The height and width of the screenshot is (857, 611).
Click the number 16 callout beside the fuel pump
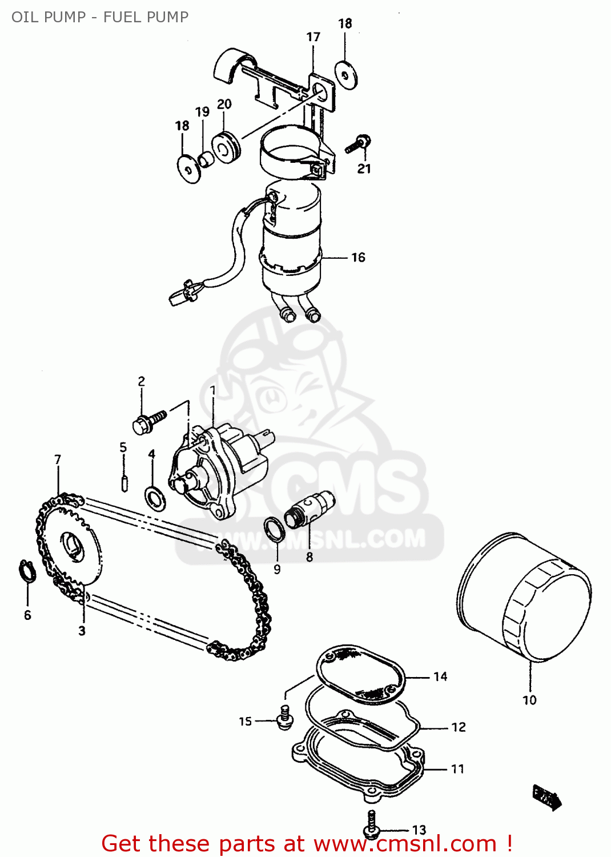358,258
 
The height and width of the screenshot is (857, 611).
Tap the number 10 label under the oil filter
529,700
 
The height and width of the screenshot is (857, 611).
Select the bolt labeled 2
147,422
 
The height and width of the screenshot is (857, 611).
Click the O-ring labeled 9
275,528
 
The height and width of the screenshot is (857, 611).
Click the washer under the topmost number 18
345,75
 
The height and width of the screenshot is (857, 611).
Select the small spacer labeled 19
206,159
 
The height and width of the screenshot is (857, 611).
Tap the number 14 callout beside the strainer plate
440,676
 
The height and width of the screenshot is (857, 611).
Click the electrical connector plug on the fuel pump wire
183,291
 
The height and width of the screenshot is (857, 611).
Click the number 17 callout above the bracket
313,37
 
